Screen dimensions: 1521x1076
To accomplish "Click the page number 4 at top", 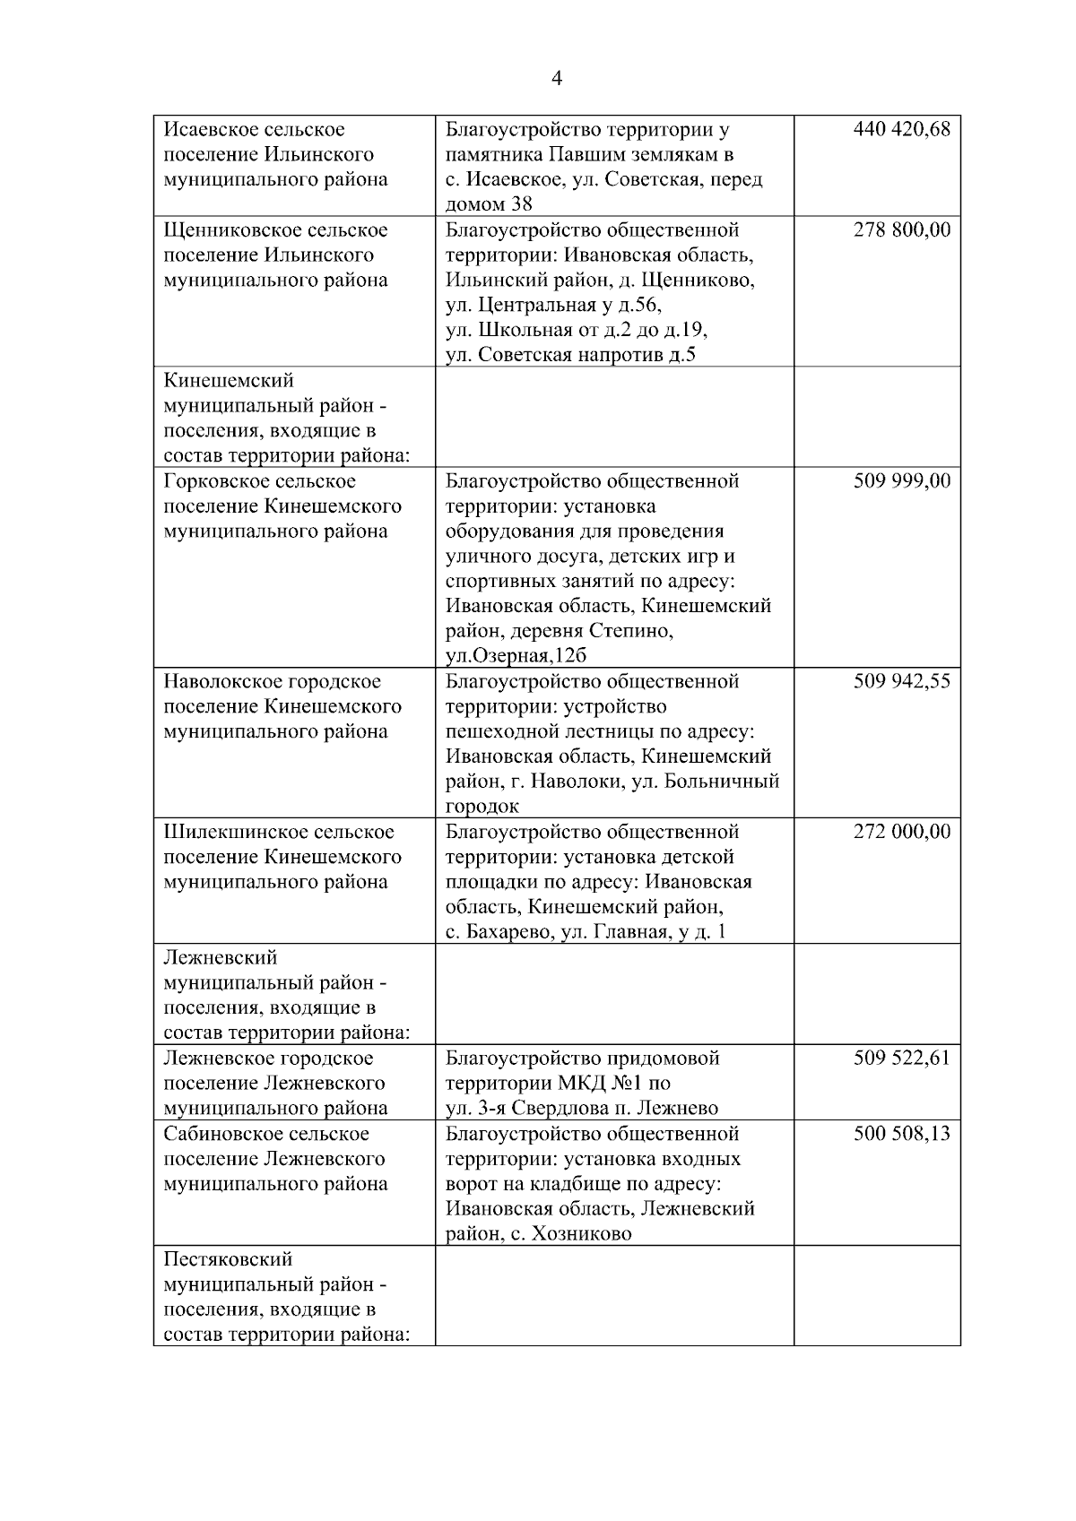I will [x=556, y=79].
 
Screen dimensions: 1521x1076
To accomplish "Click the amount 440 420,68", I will [x=901, y=129].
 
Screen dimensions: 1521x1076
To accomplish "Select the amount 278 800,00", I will [x=901, y=230].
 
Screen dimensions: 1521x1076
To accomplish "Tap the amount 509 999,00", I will [x=901, y=481].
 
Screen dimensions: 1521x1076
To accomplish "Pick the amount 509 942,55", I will [x=901, y=682].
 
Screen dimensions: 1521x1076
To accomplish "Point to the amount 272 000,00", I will [x=901, y=832].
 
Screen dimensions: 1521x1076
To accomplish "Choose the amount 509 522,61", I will [x=901, y=1059].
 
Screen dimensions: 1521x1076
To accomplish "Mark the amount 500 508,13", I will [x=901, y=1134].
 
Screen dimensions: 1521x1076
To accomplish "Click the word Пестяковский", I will [x=228, y=1260].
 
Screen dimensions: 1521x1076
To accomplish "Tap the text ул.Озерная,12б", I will [x=516, y=656].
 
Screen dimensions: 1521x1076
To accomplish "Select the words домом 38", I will [x=489, y=204].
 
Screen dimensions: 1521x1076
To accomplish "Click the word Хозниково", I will [x=581, y=1234].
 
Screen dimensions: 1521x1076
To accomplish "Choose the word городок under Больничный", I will [x=482, y=807].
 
